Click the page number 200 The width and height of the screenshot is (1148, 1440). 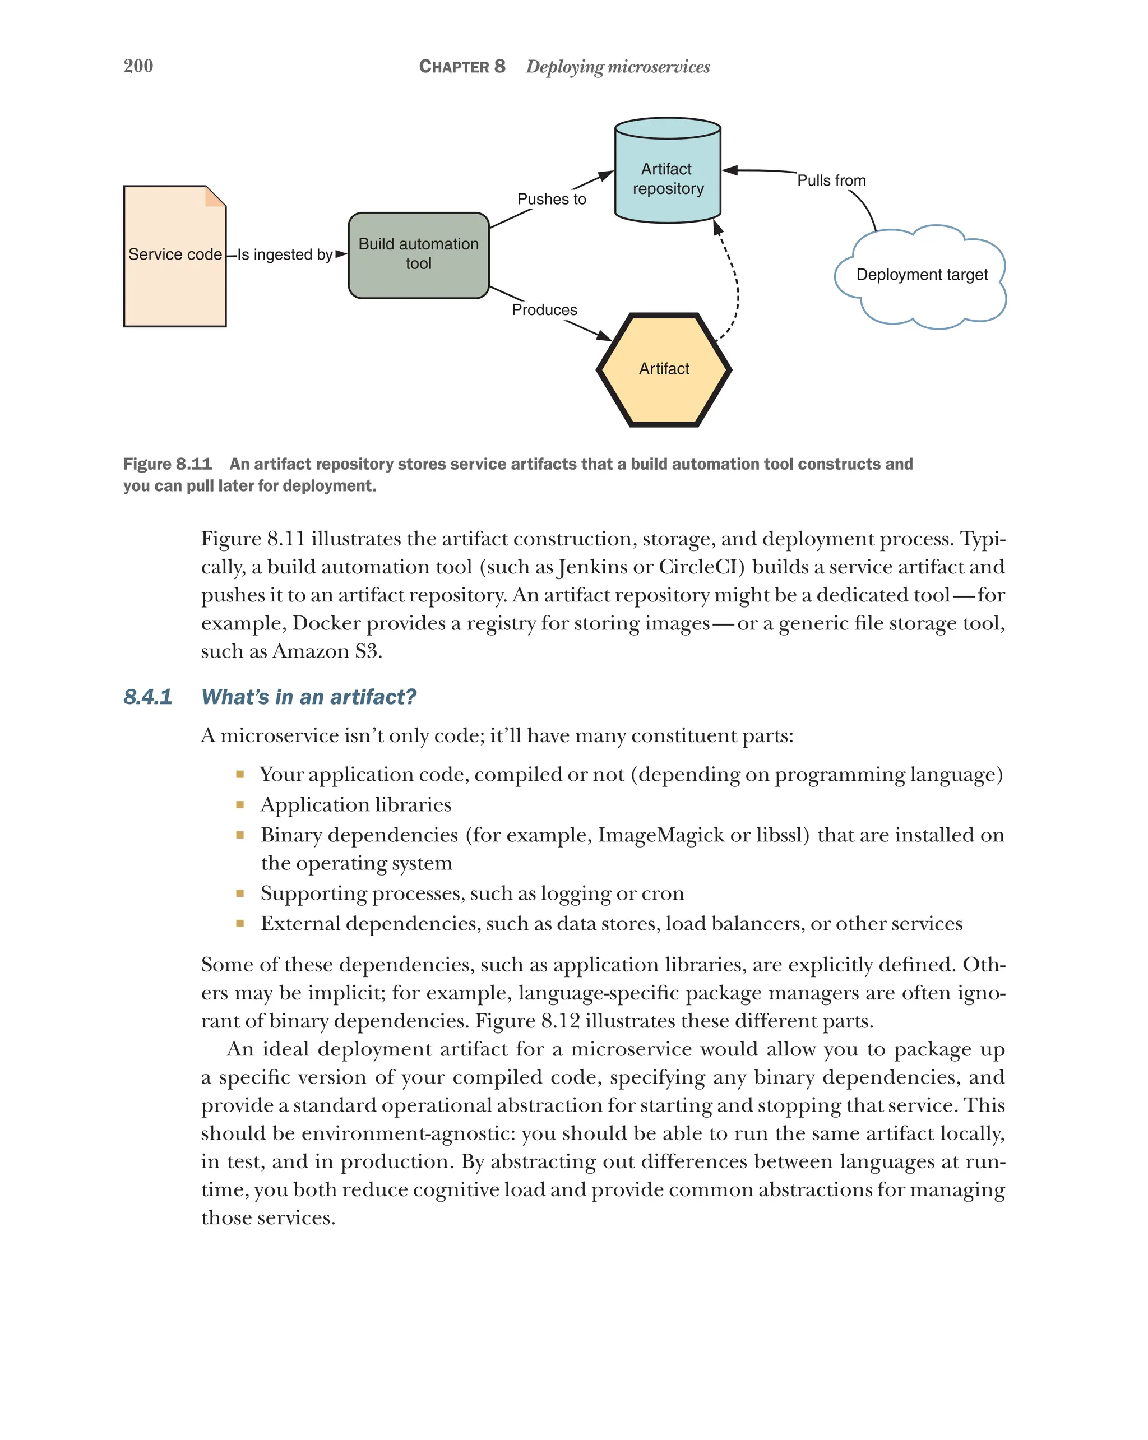138,66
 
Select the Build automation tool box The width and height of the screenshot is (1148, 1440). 418,254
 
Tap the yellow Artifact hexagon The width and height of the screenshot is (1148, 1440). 664,369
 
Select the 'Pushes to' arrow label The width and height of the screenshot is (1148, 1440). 552,199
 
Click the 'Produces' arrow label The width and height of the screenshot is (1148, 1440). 544,310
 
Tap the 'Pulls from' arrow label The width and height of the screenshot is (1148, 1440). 831,180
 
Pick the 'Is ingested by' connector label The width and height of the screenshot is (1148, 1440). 285,254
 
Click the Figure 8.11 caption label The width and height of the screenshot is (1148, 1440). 167,464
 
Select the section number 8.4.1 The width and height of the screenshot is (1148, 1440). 147,697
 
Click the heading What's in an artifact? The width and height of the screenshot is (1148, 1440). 308,697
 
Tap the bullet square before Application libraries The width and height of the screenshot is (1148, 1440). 240,805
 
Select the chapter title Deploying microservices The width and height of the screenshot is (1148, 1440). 618,67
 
